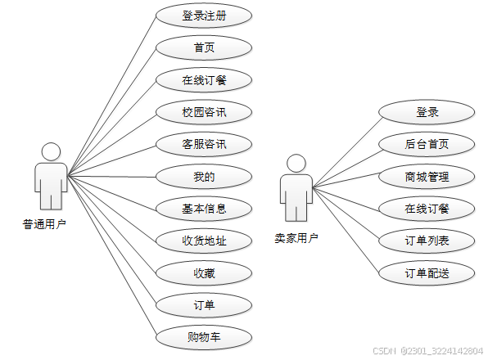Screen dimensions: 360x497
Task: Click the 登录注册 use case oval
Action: (x=204, y=16)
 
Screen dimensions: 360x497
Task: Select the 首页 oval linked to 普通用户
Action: (x=204, y=47)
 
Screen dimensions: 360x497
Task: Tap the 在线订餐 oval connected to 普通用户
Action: (x=204, y=80)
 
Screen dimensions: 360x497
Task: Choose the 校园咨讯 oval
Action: (x=204, y=112)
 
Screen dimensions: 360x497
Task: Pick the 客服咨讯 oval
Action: (x=204, y=144)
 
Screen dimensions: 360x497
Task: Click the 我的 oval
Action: (x=204, y=176)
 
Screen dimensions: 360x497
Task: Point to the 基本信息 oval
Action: (x=204, y=208)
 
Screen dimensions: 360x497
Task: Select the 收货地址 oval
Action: (x=204, y=241)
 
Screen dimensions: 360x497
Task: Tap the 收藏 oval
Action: (x=204, y=272)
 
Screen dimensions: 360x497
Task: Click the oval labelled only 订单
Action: (x=204, y=305)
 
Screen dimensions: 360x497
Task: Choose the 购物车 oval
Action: (x=204, y=336)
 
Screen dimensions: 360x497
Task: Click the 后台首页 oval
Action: (x=427, y=144)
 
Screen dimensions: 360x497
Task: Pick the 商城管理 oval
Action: (x=427, y=176)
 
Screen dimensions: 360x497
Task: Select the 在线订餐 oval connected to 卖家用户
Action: (x=427, y=208)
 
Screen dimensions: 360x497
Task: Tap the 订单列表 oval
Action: (x=427, y=241)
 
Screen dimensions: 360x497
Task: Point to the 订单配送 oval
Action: (x=427, y=272)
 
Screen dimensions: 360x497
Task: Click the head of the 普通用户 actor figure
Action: (x=51, y=152)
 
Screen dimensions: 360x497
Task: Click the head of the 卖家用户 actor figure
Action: (x=296, y=163)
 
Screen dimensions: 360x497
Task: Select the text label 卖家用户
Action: (x=296, y=238)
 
